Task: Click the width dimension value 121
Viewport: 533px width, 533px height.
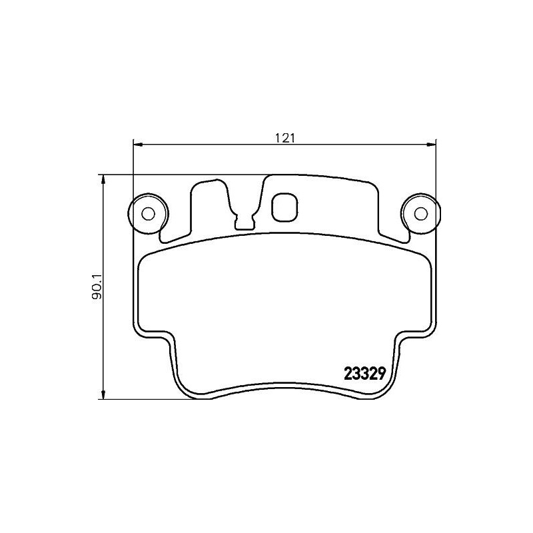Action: click(x=284, y=138)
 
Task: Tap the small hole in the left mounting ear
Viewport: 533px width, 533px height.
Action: click(x=149, y=213)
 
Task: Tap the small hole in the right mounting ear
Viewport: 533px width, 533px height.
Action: click(x=420, y=213)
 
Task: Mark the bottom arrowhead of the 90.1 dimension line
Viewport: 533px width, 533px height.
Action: click(x=103, y=394)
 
